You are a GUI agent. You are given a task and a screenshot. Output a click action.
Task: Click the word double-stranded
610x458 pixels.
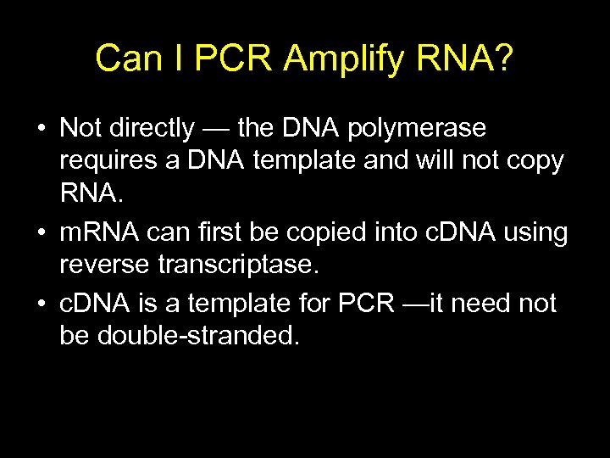coord(198,336)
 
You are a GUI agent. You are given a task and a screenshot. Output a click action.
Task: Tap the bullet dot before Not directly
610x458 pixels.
coord(41,130)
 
